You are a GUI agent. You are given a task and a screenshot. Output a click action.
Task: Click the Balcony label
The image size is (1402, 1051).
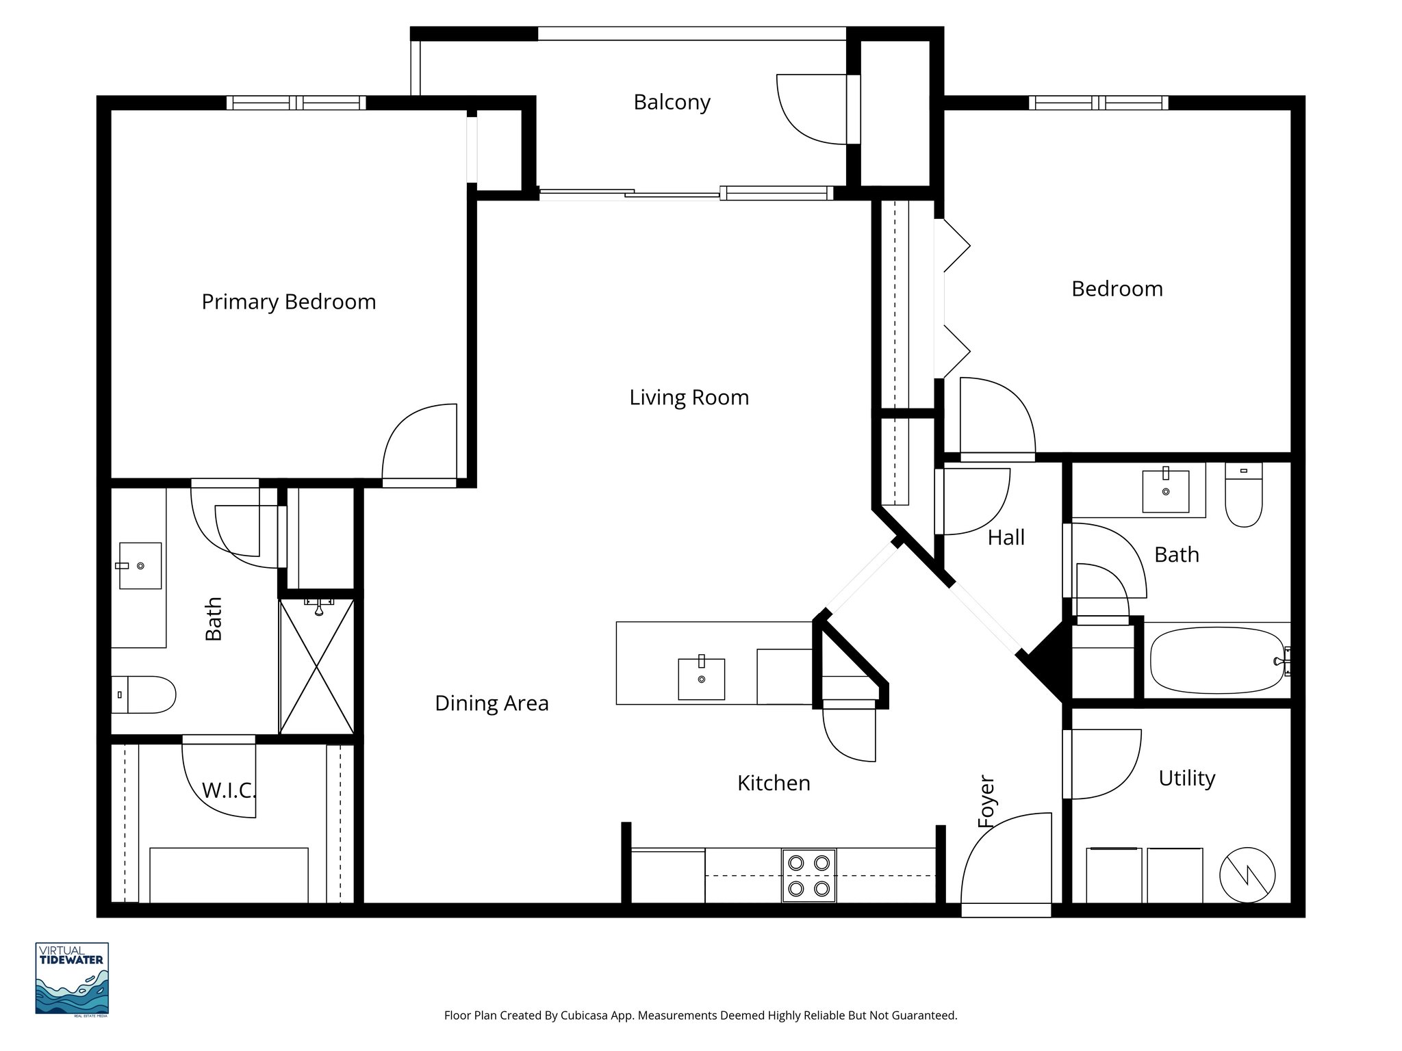tap(672, 102)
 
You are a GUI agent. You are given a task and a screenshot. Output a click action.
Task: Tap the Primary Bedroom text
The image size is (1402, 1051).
tap(288, 302)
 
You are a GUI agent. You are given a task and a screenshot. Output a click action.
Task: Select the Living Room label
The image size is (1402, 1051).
tap(689, 398)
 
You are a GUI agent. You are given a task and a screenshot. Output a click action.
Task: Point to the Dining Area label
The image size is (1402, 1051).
tap(492, 703)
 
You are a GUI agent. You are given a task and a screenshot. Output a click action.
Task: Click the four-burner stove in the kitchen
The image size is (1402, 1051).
tap(808, 876)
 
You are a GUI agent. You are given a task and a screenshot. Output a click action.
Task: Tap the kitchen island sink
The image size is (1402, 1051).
tap(701, 678)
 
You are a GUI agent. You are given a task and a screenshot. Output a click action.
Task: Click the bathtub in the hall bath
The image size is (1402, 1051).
tap(1216, 662)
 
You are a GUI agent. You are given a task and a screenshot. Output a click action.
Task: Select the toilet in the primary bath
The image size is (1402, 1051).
tap(144, 695)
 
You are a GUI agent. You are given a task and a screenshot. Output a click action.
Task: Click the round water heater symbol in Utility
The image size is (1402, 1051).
tap(1247, 875)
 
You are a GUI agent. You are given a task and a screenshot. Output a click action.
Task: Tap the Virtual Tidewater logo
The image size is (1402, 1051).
tap(72, 978)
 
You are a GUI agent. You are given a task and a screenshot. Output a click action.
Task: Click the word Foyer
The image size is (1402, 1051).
tap(986, 801)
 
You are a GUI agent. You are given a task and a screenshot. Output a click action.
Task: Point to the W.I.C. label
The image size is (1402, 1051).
tap(229, 791)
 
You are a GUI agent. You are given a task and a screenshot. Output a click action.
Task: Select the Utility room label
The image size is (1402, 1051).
tap(1186, 778)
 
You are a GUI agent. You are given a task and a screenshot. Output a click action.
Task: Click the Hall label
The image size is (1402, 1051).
tap(1006, 538)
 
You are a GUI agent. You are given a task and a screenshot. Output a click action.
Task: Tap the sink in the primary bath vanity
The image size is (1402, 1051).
tap(140, 566)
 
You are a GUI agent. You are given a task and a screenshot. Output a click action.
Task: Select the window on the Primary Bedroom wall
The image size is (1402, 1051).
tap(296, 103)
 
